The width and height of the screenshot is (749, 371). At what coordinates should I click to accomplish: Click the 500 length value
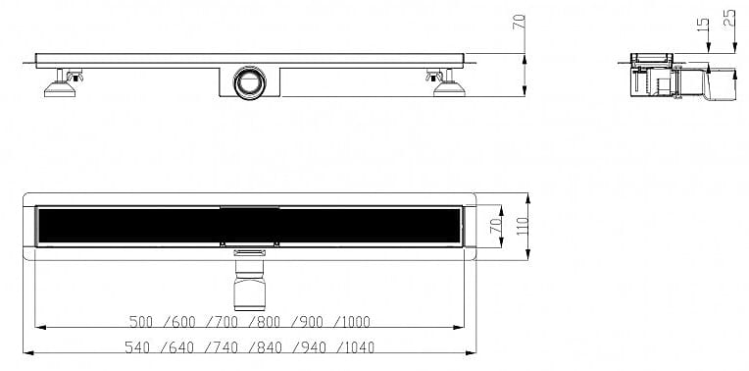click(x=141, y=322)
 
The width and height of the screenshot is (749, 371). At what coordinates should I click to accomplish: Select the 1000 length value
click(x=355, y=322)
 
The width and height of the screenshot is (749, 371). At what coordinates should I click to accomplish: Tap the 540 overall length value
click(x=136, y=347)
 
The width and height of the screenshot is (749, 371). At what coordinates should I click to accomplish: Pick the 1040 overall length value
click(x=359, y=347)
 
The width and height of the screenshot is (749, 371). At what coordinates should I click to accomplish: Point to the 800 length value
click(x=269, y=322)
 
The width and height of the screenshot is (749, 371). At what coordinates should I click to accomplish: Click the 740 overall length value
click(x=225, y=347)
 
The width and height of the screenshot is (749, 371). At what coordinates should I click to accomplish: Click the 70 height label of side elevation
click(x=520, y=22)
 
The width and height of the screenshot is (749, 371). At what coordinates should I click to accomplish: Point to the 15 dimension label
click(x=702, y=25)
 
